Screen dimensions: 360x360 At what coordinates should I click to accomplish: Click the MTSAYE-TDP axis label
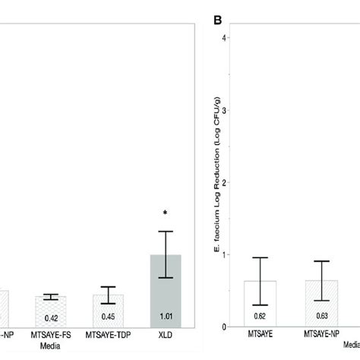pyautogui.click(x=108, y=333)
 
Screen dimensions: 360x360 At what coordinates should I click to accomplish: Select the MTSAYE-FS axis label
pyautogui.click(x=49, y=333)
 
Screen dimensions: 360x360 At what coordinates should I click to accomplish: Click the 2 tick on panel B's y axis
pyautogui.click(x=226, y=182)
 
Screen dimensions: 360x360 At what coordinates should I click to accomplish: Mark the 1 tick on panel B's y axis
pyautogui.click(x=226, y=254)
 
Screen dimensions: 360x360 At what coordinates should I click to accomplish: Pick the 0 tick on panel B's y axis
pyautogui.click(x=226, y=327)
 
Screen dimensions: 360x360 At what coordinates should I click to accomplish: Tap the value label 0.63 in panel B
pyautogui.click(x=321, y=314)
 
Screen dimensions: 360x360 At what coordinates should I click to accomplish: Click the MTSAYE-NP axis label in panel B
pyautogui.click(x=321, y=333)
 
